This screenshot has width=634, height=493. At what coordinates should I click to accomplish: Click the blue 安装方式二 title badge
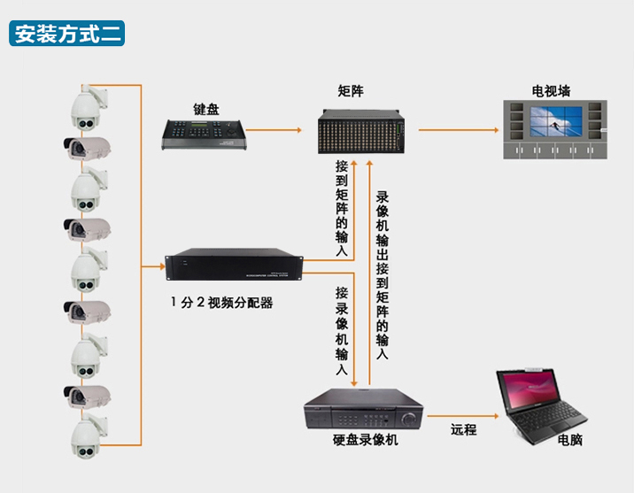(66, 33)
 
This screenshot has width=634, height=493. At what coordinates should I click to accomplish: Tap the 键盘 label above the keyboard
(205, 109)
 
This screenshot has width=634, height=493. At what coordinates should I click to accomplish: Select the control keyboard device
(204, 135)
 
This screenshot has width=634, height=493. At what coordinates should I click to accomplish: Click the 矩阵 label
(351, 91)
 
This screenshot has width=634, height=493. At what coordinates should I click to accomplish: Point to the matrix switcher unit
(360, 131)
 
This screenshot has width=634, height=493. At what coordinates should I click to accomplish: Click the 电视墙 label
(551, 91)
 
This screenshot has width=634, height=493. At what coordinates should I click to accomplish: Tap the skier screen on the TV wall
(556, 121)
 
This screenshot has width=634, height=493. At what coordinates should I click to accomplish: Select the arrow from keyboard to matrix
(274, 130)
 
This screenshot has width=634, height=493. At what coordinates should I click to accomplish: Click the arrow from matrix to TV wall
(459, 130)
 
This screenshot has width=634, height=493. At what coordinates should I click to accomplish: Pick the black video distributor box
(234, 265)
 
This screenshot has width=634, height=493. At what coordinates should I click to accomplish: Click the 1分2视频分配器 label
(221, 303)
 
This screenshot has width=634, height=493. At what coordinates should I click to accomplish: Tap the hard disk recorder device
(364, 409)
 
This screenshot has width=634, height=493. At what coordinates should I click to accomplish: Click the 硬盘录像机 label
(365, 440)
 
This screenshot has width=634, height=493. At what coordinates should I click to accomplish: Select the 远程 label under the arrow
(463, 429)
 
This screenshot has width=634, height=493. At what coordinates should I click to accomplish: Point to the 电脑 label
(569, 440)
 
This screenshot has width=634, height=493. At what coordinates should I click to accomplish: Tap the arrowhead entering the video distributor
(162, 266)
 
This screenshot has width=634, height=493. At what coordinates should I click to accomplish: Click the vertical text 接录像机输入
(342, 331)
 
